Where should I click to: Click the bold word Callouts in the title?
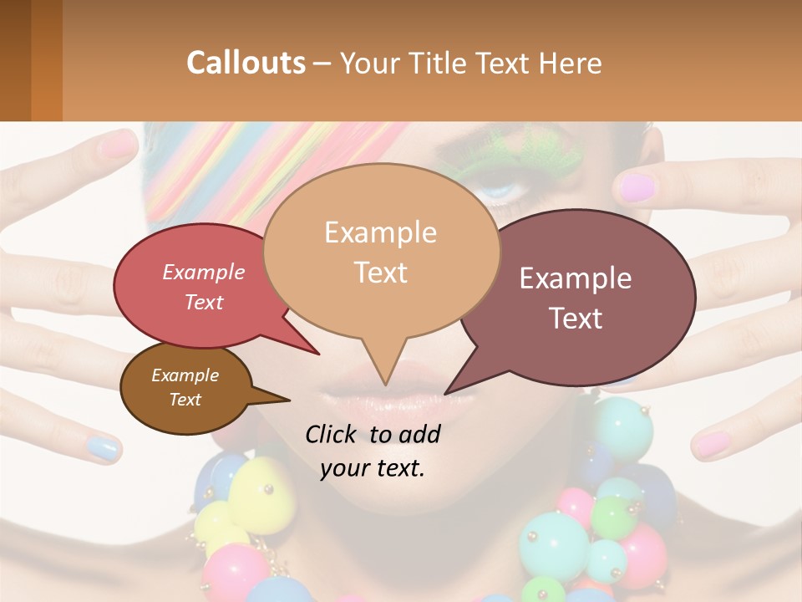(246, 63)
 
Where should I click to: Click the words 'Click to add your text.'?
(373, 451)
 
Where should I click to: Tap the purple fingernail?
(637, 187)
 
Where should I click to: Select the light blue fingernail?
(104, 448)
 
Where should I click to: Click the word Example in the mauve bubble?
(576, 278)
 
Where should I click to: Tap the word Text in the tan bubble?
(381, 272)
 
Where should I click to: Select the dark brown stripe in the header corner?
(15, 60)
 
